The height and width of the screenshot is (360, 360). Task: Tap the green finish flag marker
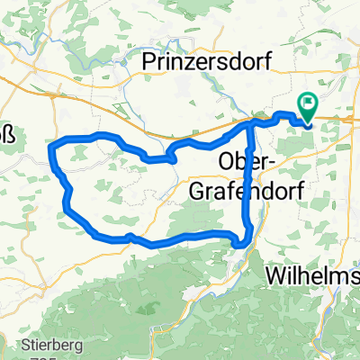point(308,107)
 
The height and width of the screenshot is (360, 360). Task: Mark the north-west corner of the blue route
point(58,143)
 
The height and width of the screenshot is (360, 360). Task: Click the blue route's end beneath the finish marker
point(308,123)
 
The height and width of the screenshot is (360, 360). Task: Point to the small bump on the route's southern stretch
point(130,237)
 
